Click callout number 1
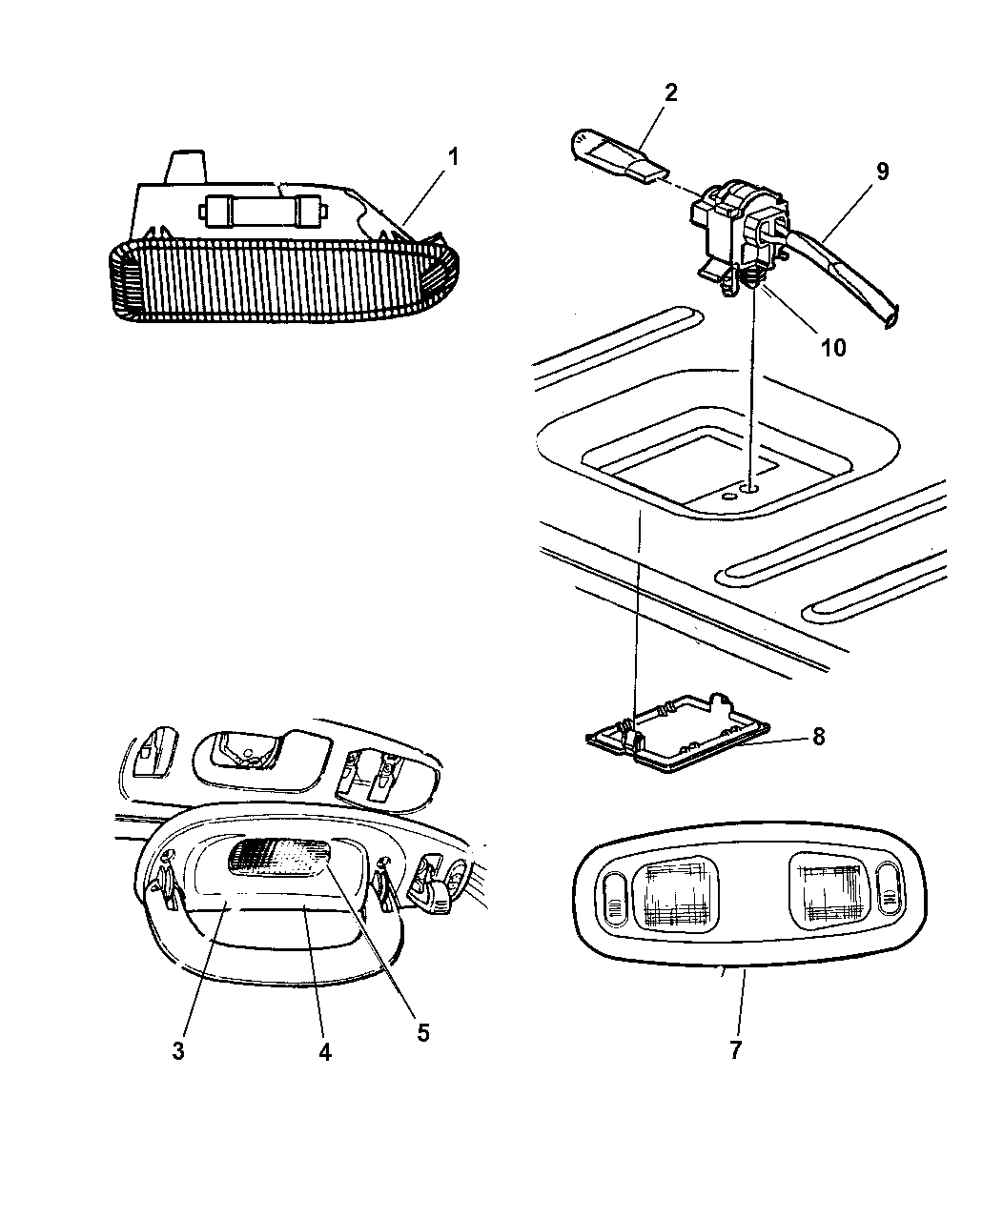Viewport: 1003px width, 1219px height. point(454,156)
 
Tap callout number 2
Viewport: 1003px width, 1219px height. point(670,92)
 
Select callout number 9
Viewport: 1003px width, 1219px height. point(882,172)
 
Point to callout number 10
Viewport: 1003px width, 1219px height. point(833,347)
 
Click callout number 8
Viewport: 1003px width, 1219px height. point(819,737)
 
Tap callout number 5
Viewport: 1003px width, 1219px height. point(423,1032)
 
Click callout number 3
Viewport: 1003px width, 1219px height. point(178,1050)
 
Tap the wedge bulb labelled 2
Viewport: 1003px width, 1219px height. point(619,158)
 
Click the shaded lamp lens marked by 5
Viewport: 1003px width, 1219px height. point(279,860)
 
